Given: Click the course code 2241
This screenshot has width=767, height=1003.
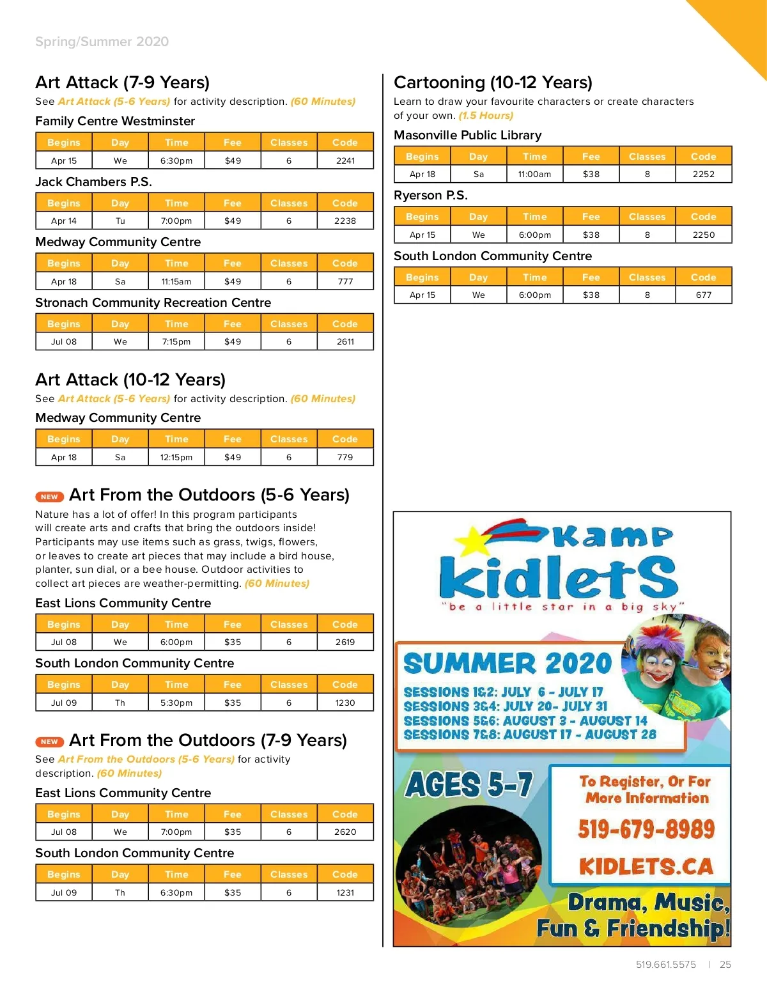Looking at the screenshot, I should coord(345,160).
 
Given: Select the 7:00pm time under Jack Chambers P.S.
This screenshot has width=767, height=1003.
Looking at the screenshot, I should coord(176,221).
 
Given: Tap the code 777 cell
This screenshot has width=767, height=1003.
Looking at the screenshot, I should coord(345,281).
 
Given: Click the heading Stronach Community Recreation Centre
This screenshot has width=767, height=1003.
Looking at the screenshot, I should coord(153,302).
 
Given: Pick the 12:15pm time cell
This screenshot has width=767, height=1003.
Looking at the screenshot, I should coord(176,457).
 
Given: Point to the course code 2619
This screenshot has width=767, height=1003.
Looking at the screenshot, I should coord(345,642).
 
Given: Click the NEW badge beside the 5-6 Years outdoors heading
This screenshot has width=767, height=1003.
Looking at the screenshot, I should coord(49,497).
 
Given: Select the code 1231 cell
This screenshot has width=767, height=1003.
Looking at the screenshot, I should coord(345,892).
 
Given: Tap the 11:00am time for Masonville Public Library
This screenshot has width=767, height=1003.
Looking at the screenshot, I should coord(534,174).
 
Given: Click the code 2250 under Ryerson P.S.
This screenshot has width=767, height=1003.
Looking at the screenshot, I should coord(704,235).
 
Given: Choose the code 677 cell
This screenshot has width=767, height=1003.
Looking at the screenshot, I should coord(704,295).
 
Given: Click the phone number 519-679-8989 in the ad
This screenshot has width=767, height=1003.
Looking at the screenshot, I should coord(646,829).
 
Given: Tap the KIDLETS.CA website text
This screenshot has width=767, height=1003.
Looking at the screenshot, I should coord(646,867).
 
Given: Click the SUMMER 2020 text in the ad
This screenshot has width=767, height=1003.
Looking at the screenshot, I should coord(507,664).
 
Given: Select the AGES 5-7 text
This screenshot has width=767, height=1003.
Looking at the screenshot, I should coord(469,784).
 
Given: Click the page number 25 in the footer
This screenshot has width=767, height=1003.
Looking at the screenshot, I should coord(725,965).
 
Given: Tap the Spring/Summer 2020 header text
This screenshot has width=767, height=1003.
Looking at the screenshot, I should coord(102,42).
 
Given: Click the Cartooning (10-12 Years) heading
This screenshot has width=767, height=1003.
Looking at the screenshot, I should coord(493,82).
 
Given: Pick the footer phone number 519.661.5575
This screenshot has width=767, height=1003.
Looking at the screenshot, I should coord(666,965).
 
